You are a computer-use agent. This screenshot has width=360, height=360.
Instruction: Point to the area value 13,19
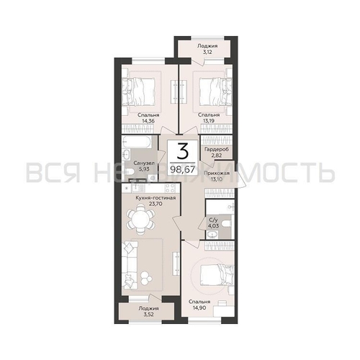coord(209,122)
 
